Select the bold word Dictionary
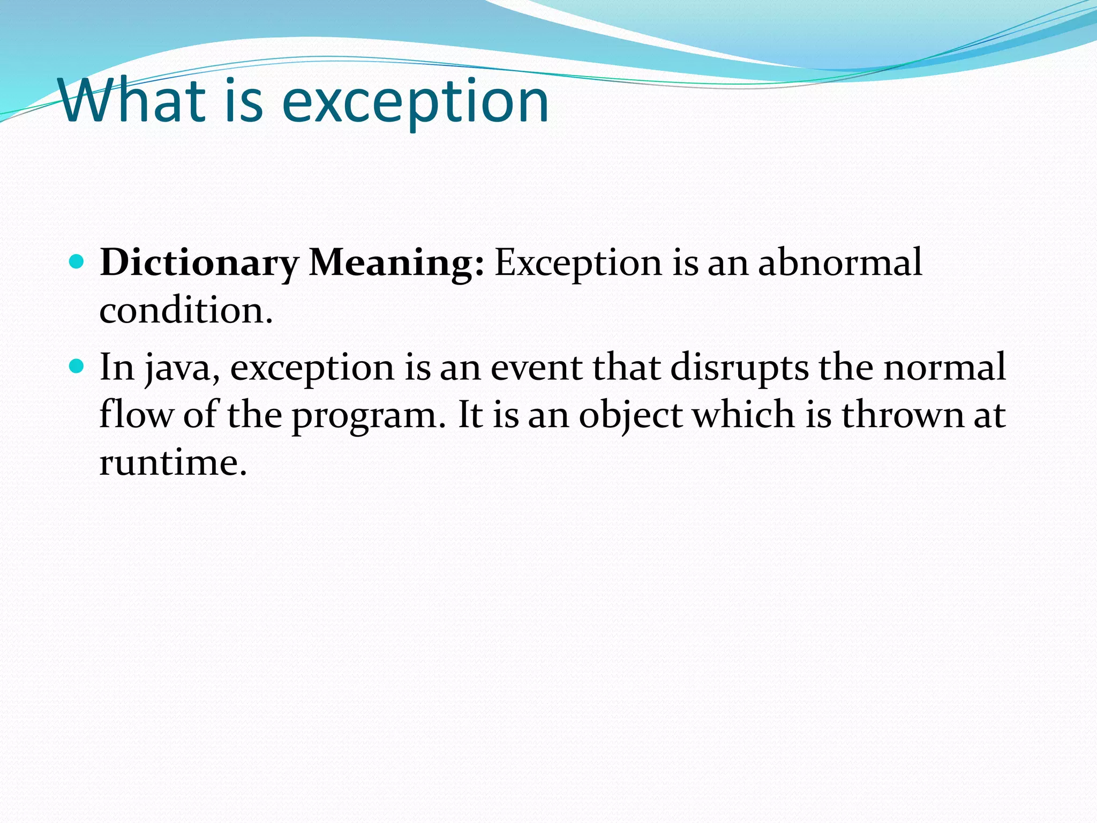(199, 264)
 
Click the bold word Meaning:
(397, 264)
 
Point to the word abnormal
(840, 263)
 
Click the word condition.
(186, 310)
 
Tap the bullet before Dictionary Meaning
(77, 262)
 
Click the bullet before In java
(77, 366)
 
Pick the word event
(536, 368)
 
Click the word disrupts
(740, 368)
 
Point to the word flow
(136, 415)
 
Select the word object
(630, 416)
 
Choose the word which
(743, 415)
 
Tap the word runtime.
(173, 462)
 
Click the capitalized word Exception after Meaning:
(578, 264)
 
